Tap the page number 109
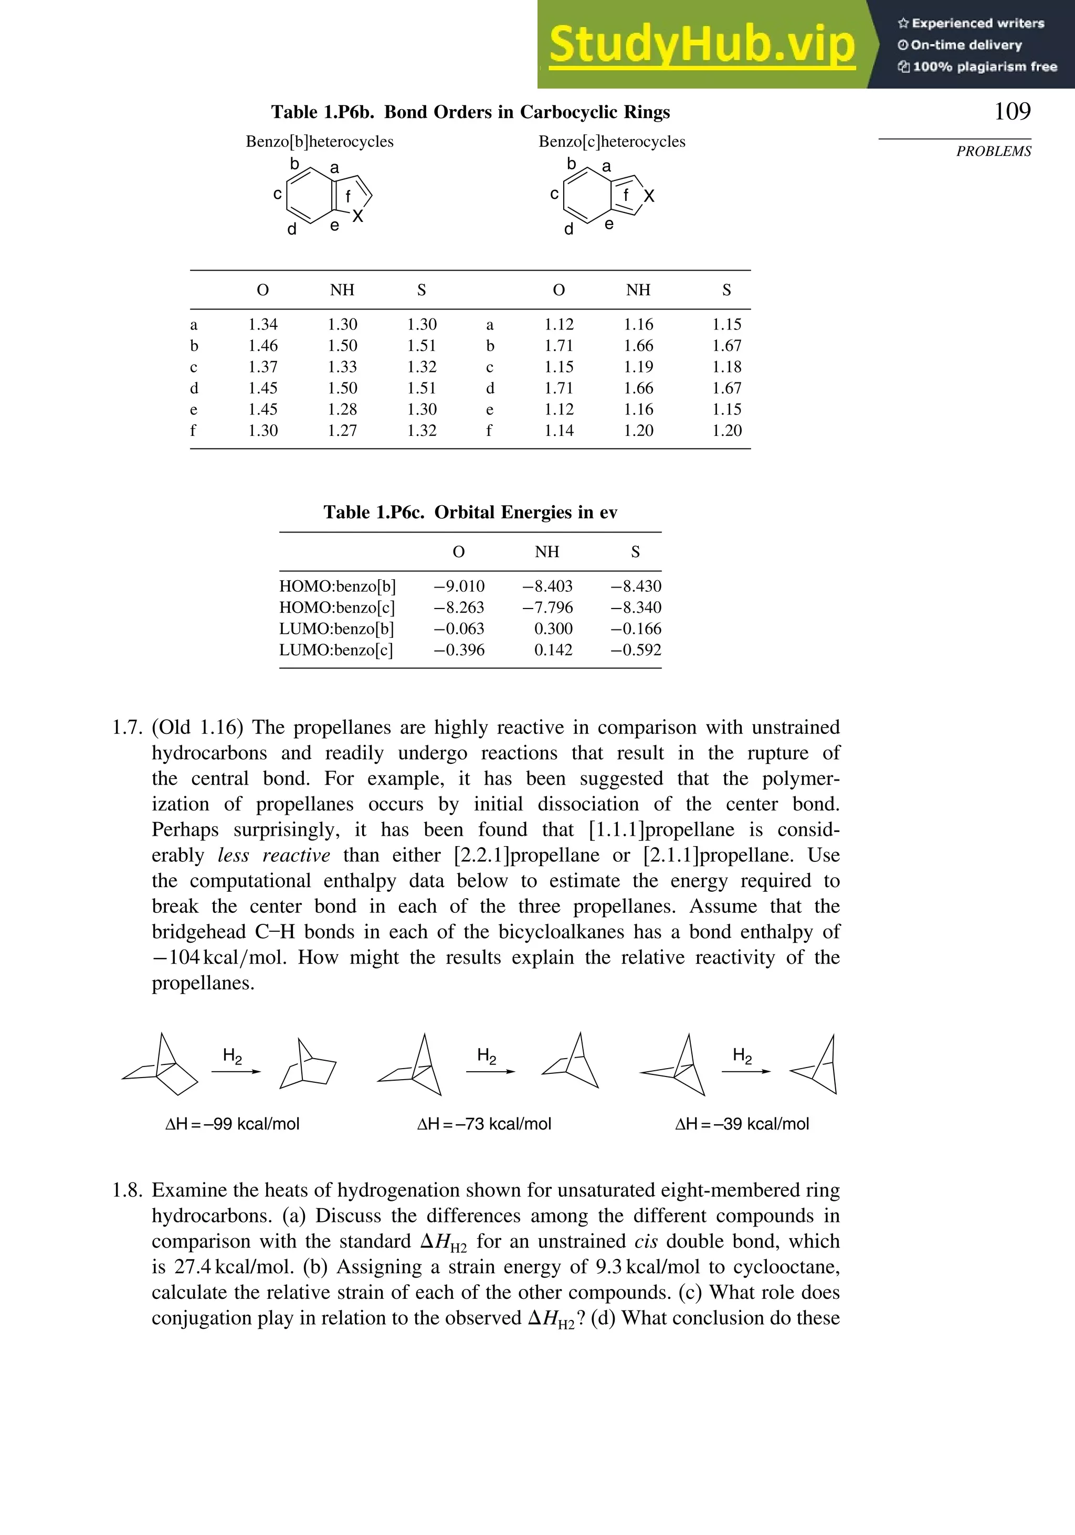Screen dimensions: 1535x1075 [1012, 111]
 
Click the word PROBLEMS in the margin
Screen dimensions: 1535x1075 [994, 152]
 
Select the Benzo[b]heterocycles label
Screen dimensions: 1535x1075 [319, 142]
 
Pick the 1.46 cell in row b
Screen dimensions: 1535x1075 [263, 346]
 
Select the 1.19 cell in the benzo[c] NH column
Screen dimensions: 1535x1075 [638, 367]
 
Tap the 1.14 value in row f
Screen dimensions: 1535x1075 [558, 431]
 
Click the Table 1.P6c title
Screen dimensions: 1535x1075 [470, 512]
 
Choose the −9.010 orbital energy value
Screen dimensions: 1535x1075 [459, 587]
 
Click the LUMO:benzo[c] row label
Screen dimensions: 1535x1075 [336, 650]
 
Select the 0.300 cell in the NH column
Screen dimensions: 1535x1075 [553, 629]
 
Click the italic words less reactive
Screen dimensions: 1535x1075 [273, 855]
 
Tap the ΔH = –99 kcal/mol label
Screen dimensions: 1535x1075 [232, 1124]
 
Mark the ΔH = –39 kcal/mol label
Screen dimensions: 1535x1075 [741, 1124]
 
